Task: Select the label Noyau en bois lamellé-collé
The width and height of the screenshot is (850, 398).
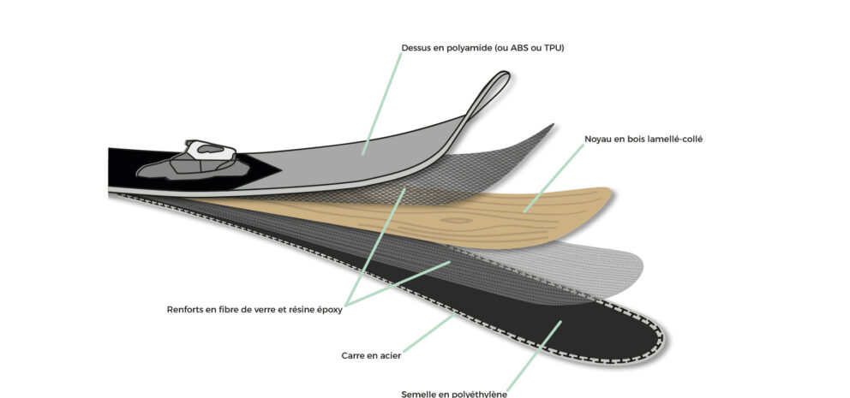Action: pyautogui.click(x=643, y=140)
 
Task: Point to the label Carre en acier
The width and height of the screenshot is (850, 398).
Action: pyautogui.click(x=371, y=356)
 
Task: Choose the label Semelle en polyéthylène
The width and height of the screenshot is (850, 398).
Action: pyautogui.click(x=454, y=394)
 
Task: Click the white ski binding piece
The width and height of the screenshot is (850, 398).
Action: pyautogui.click(x=210, y=150)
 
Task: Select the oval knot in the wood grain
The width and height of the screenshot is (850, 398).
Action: pyautogui.click(x=456, y=220)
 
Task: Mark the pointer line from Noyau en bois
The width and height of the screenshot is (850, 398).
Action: pyautogui.click(x=554, y=178)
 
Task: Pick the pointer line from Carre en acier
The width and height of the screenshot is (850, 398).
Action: pyautogui.click(x=428, y=333)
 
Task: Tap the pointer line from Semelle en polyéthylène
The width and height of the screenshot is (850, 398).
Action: pyautogui.click(x=534, y=356)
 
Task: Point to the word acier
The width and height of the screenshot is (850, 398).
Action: pyautogui.click(x=390, y=356)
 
